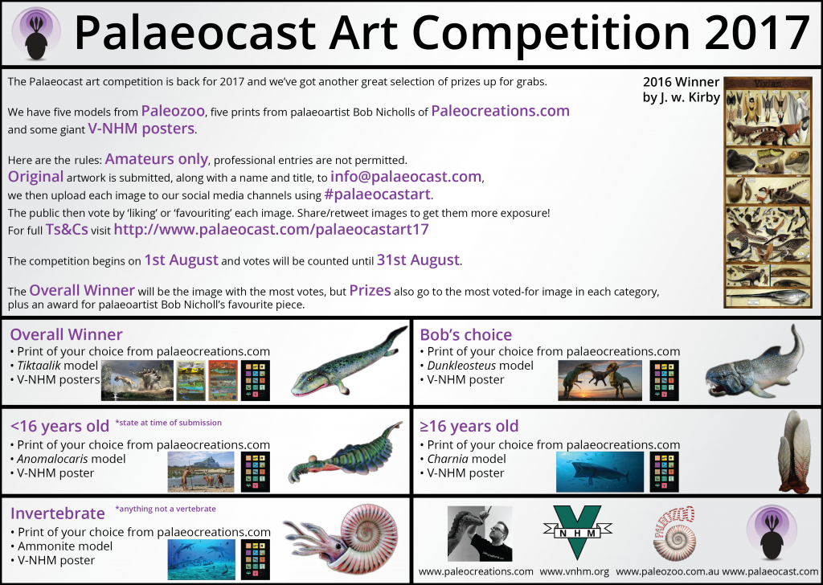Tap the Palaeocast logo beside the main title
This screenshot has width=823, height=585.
[36, 32]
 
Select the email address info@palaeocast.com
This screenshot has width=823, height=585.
[406, 177]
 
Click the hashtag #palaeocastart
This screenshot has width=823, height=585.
[378, 194]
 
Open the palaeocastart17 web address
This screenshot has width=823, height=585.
[272, 229]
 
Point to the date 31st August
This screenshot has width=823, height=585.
[418, 260]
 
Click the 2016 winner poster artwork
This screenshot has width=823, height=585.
[768, 192]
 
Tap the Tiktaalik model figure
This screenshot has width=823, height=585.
[349, 362]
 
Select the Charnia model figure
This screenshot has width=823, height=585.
[794, 452]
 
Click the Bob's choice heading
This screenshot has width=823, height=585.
[465, 334]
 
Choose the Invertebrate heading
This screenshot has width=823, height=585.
[58, 513]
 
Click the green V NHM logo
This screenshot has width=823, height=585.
[577, 532]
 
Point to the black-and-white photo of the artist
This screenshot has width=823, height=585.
[480, 534]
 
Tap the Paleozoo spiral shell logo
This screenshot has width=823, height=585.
[675, 534]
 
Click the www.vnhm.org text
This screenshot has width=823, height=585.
[574, 571]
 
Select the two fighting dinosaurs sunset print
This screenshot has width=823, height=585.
[600, 381]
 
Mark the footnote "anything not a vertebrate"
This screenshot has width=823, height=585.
[166, 509]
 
